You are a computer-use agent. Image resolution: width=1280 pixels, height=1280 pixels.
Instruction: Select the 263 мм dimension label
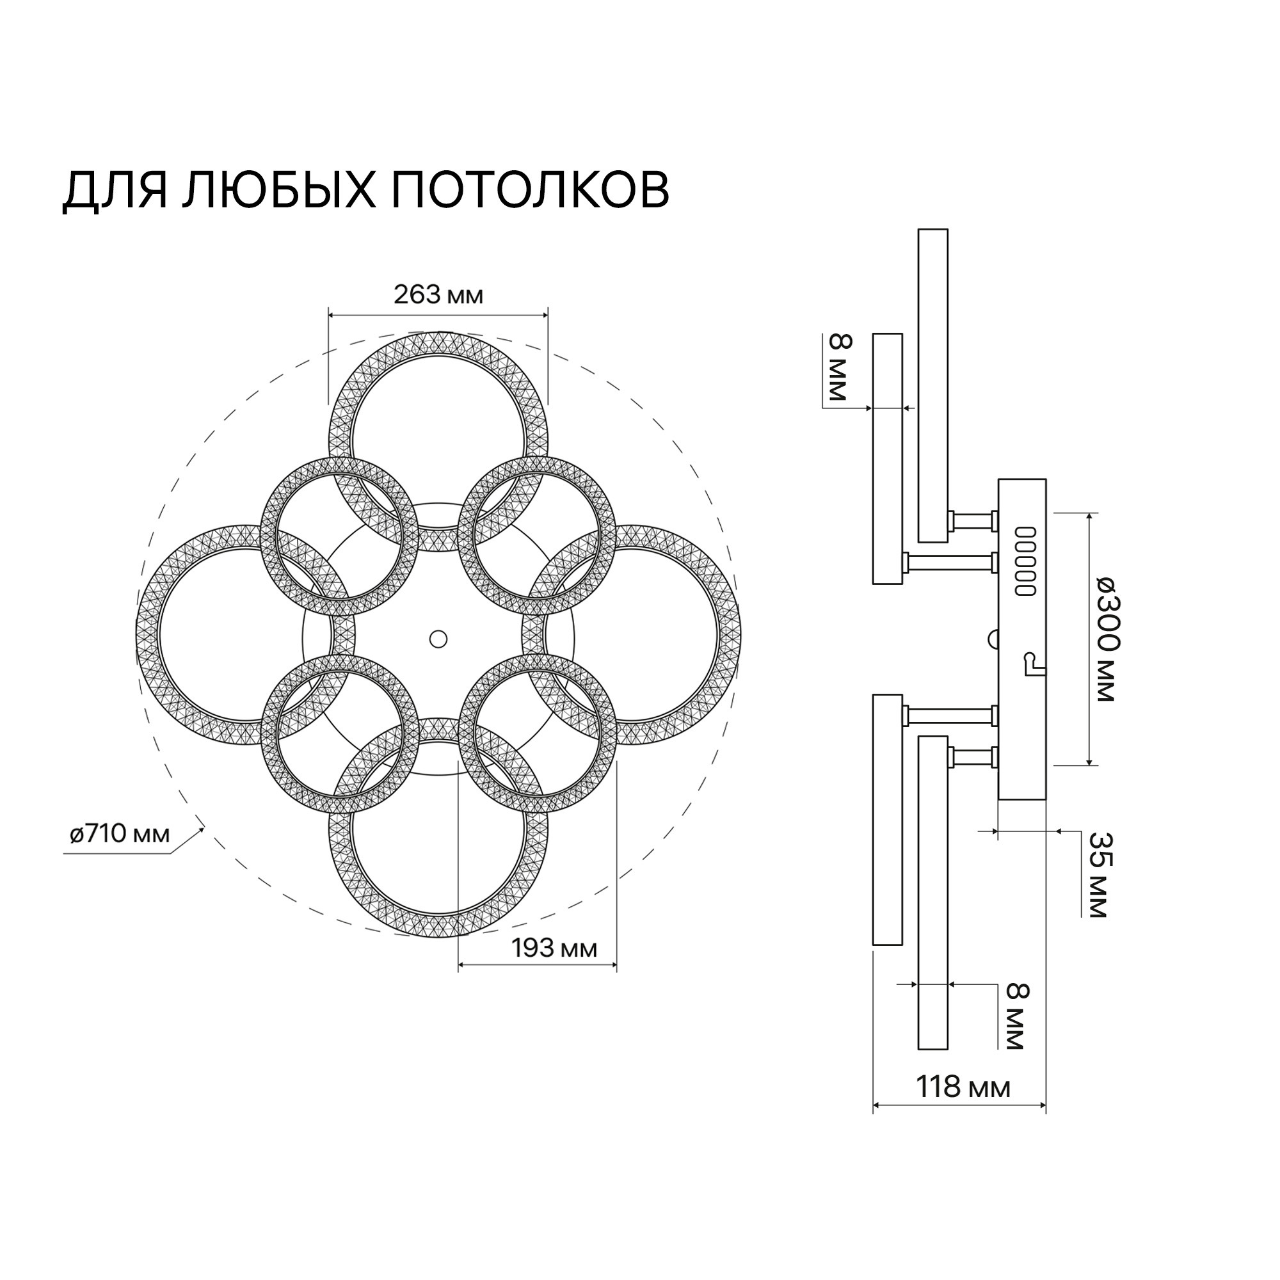tap(438, 295)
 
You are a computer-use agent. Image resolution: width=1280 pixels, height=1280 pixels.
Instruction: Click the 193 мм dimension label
tap(554, 948)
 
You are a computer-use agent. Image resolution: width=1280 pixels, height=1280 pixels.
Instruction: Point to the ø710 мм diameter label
tap(120, 834)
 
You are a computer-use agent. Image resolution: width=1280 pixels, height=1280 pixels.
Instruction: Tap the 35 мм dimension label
tap(1100, 874)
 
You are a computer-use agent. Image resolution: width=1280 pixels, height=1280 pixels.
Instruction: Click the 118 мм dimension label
tap(963, 1087)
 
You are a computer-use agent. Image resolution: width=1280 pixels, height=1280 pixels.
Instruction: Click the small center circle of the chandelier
tap(438, 639)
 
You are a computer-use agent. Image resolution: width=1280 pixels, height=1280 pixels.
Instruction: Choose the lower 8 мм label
tap(1018, 1027)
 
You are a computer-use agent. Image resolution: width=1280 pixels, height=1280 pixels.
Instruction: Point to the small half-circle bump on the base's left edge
tap(994, 639)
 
